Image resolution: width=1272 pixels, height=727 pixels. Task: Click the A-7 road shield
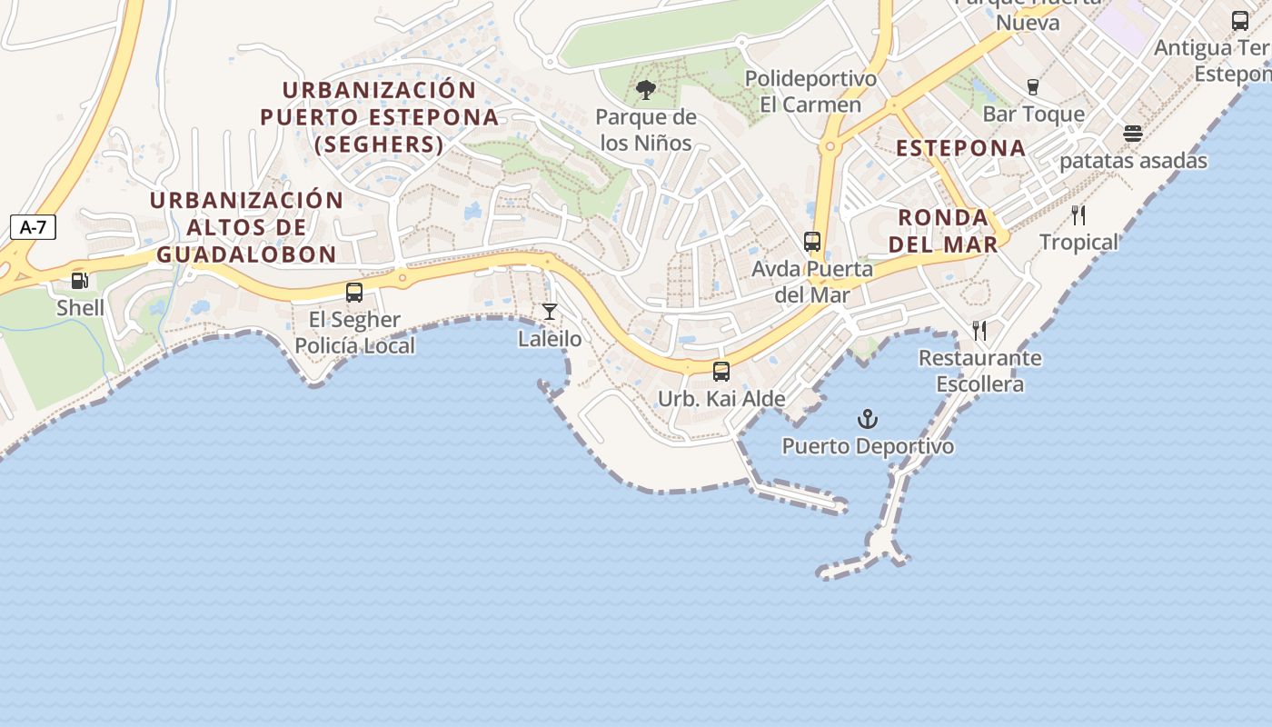(33, 227)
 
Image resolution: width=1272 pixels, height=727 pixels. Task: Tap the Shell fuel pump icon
(80, 281)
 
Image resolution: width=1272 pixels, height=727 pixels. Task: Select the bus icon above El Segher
(354, 293)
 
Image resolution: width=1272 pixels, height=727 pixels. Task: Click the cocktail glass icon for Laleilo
(550, 312)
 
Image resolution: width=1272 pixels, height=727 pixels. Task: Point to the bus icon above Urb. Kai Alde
(721, 371)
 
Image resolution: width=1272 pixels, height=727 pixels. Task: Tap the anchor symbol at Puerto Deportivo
(869, 419)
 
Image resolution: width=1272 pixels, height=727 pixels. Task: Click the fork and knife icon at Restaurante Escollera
(979, 330)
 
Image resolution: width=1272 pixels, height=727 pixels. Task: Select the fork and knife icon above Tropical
(1078, 215)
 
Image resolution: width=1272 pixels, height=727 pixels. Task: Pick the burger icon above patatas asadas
(1133, 134)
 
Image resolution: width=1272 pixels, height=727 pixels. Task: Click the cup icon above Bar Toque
(1033, 87)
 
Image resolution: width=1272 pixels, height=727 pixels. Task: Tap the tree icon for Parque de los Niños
(646, 89)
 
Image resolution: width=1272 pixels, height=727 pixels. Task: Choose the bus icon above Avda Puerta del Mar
(812, 242)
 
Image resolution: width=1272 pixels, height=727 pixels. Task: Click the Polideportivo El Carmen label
(810, 92)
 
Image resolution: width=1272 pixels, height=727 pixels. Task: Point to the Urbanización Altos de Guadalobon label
(246, 227)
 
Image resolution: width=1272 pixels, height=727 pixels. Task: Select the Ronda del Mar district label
(943, 230)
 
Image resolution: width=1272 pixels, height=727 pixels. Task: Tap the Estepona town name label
(960, 148)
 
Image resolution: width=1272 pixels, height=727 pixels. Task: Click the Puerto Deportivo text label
(868, 446)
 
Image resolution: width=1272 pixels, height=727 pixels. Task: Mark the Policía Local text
(355, 345)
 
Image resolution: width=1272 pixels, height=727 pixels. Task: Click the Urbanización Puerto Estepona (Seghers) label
(380, 116)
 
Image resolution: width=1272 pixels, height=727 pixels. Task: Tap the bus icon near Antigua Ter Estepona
(1240, 20)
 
